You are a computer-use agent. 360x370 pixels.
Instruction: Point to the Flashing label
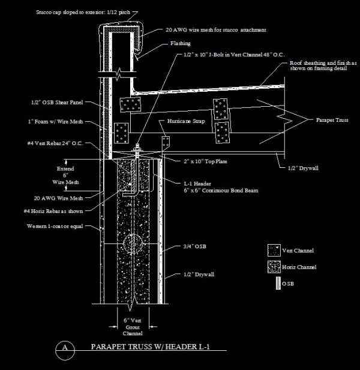pyautogui.click(x=180, y=44)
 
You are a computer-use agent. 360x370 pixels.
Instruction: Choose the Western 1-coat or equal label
pyautogui.click(x=55, y=227)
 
